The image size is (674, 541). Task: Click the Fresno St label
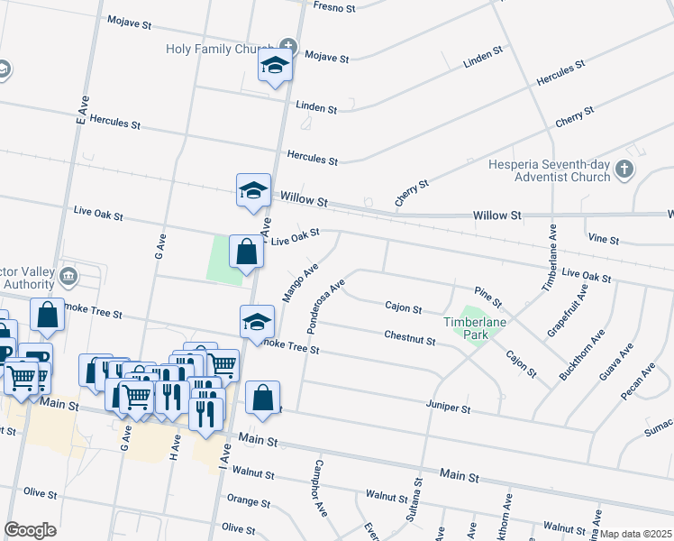[x=334, y=6]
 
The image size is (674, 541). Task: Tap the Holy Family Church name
[x=221, y=49]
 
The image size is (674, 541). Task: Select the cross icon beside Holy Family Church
[x=287, y=45]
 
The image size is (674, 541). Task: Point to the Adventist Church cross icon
[x=624, y=169]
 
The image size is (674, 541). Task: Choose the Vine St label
[x=603, y=241]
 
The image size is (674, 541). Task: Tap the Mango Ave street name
[x=301, y=282]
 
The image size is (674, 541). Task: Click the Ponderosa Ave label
[x=326, y=307]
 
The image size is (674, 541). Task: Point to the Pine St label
[x=487, y=297]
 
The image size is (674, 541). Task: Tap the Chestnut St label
[x=410, y=337]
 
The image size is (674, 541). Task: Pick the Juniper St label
[x=449, y=408]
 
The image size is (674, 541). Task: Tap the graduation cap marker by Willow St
[x=253, y=189]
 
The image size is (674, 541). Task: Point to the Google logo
[x=30, y=530]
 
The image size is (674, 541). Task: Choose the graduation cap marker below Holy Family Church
[x=274, y=65]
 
